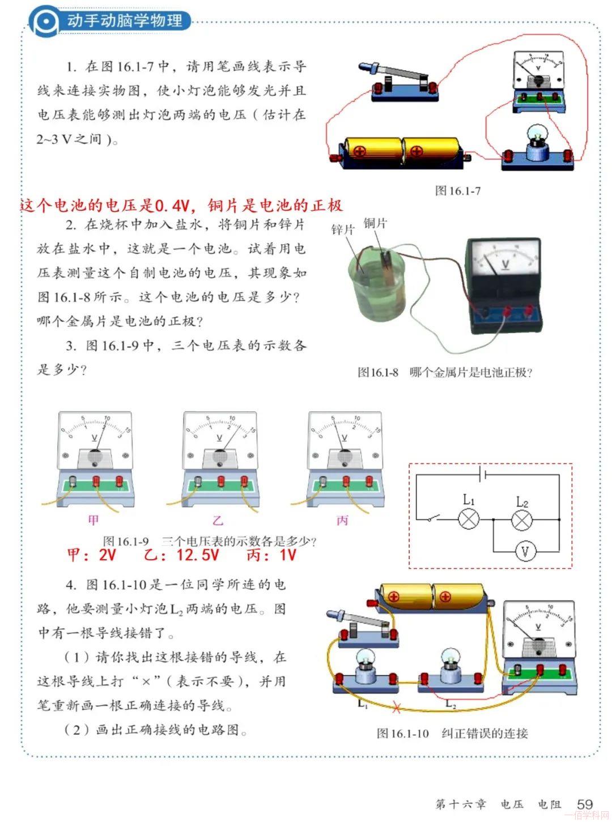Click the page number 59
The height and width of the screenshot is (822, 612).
pos(585,804)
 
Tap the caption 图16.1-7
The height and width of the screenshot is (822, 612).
pos(457,191)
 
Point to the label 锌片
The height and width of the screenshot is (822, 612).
pos(342,230)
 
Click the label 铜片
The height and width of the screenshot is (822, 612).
pos(375,223)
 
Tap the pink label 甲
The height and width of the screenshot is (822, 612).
pos(93,520)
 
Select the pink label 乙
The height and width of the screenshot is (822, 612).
pos(218,520)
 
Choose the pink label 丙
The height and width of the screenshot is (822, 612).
pos(342,520)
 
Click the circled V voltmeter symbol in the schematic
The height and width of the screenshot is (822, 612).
pos(525,552)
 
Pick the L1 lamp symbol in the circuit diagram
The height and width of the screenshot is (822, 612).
pos(469,519)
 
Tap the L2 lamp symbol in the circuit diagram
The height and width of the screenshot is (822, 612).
pos(522,519)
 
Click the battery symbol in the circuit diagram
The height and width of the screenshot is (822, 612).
pos(483,474)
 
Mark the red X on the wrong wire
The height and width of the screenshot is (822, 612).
pos(396,709)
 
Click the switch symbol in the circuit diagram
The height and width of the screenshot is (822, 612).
pos(433,518)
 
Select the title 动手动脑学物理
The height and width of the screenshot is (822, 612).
pos(125,20)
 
